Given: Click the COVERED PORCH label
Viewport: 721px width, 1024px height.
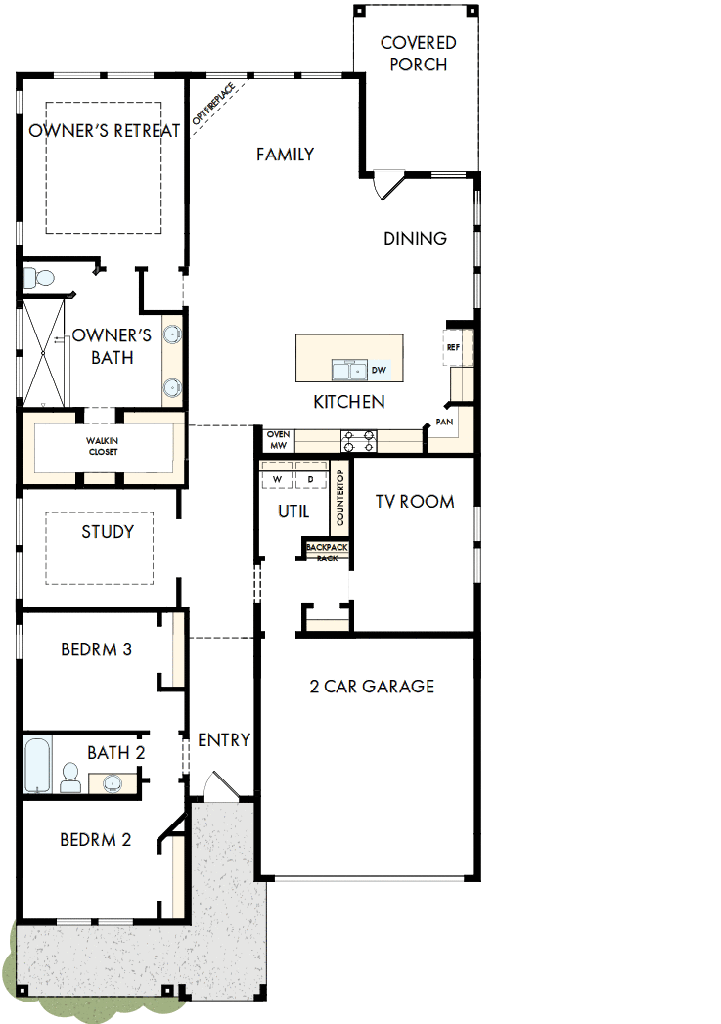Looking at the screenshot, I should [x=418, y=54].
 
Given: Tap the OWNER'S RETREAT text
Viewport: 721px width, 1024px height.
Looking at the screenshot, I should [x=105, y=131].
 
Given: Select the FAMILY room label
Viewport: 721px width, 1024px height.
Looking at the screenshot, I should [x=285, y=154].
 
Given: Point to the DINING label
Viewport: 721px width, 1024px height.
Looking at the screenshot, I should [x=415, y=238].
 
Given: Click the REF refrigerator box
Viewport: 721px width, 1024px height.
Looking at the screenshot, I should [x=454, y=347].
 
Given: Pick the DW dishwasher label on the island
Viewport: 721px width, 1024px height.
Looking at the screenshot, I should [x=380, y=371].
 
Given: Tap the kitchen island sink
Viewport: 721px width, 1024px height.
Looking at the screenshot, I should [x=346, y=370].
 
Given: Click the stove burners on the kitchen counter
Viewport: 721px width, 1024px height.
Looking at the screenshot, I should [x=358, y=441].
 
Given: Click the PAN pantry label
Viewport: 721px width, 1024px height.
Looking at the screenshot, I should [x=445, y=422].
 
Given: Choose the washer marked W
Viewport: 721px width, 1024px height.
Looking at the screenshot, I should [x=277, y=479].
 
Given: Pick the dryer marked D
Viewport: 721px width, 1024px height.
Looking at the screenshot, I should [x=311, y=479].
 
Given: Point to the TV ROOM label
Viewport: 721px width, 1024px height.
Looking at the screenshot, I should [x=415, y=501].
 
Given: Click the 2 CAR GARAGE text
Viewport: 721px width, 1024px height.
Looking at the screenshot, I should [x=372, y=686].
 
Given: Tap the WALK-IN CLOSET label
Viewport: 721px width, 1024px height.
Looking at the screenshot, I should [x=103, y=446].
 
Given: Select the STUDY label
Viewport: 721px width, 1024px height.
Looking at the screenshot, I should [x=108, y=532].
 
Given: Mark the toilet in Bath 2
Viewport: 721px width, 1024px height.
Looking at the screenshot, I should [x=69, y=778].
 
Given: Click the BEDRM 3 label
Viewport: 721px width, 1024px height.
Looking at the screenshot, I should [x=96, y=648].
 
